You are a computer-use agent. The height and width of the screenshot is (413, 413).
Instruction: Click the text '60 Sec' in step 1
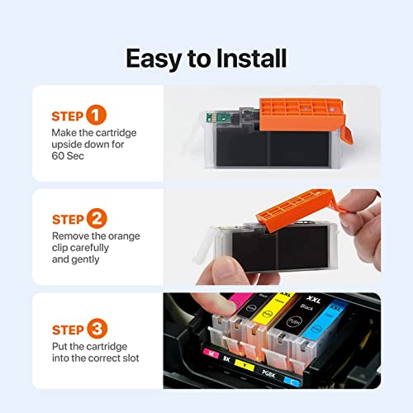coord(70,158)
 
